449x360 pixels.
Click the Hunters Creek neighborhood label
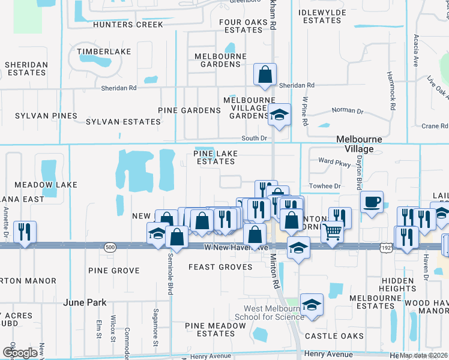[128, 25]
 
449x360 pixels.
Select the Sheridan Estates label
[25, 68]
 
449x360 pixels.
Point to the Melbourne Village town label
[363, 144]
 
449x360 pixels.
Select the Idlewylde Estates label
[322, 16]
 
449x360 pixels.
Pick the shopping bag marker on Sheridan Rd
[265, 75]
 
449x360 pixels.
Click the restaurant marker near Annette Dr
[25, 232]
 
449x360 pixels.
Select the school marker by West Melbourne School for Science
[312, 305]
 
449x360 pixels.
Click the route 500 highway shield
[109, 247]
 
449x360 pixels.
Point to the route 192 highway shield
[386, 247]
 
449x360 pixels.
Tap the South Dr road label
[254, 139]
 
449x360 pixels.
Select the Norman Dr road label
[348, 111]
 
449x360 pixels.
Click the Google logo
[20, 353]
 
